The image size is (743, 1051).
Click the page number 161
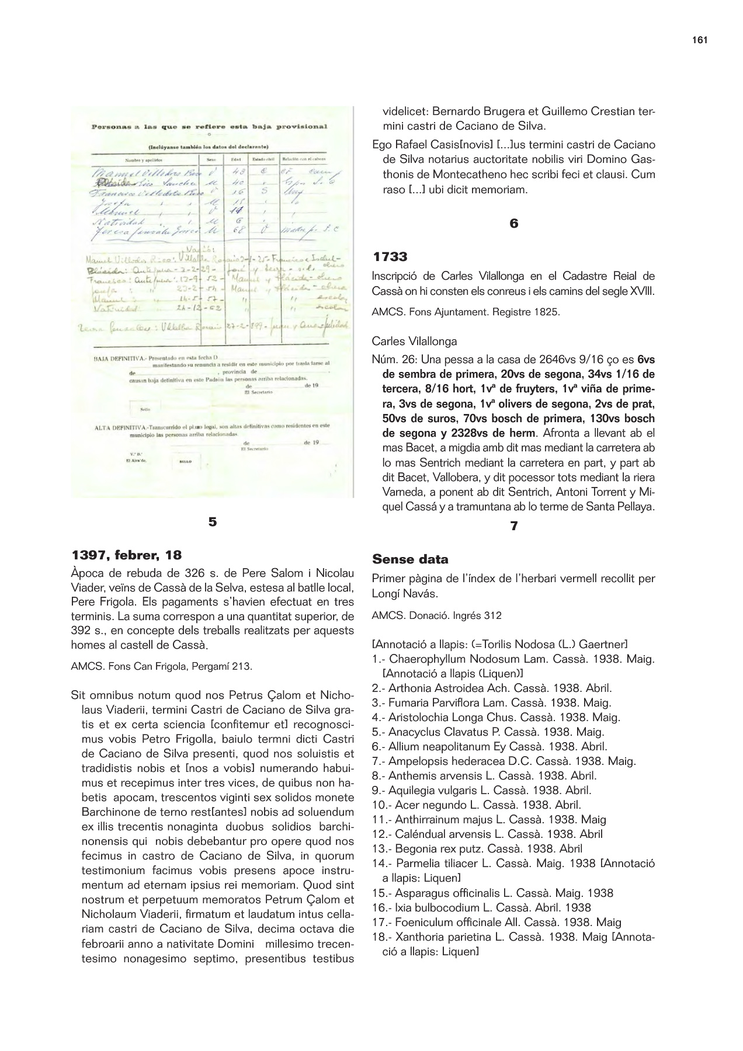(699, 40)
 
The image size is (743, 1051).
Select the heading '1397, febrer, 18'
(126, 554)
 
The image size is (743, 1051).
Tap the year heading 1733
(390, 257)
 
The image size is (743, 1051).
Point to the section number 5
(213, 521)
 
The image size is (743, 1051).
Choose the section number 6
(514, 224)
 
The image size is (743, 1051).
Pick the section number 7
(514, 526)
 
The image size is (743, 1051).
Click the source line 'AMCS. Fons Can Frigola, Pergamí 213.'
(161, 666)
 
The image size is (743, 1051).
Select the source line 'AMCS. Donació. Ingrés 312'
(436, 615)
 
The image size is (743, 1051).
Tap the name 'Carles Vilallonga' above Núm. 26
(414, 341)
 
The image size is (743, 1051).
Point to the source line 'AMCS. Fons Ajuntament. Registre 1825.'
(466, 312)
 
